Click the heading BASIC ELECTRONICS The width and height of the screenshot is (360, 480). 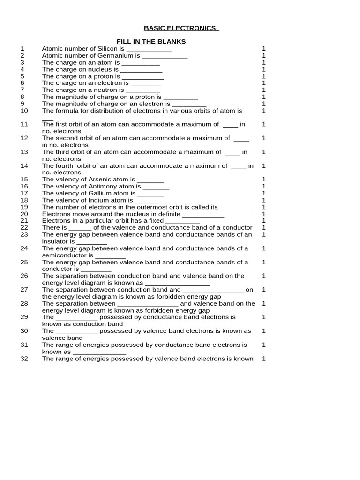click(181, 28)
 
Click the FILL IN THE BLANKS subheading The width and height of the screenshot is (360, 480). click(151, 42)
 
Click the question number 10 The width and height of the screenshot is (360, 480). click(24, 111)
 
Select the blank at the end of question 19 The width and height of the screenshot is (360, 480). click(237, 207)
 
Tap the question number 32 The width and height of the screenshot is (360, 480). click(24, 359)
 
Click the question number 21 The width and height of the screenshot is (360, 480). click(24, 221)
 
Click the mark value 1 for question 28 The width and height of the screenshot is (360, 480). click(264, 303)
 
